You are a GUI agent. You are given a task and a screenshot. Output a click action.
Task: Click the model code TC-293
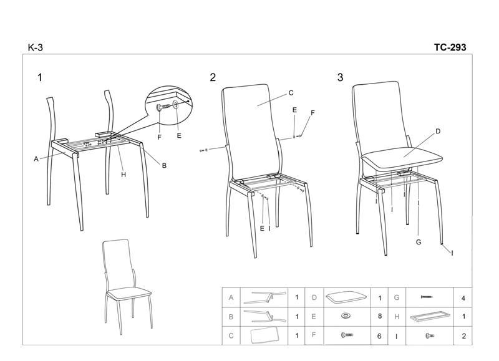tap(450, 47)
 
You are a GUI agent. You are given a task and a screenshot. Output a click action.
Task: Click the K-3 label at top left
tap(36, 47)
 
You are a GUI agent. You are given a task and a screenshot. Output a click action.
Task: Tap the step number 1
tap(40, 77)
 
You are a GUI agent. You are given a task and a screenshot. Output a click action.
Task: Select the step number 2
tap(213, 77)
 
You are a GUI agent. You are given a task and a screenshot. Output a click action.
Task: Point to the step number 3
tap(340, 77)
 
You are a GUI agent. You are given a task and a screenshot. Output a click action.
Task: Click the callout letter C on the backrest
tap(291, 93)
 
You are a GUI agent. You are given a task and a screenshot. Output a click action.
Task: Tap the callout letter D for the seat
tap(438, 131)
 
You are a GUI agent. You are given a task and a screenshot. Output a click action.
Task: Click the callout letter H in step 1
tap(124, 175)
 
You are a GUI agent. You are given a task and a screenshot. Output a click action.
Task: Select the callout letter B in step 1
tap(164, 165)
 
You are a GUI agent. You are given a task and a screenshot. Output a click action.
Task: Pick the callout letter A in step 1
tap(36, 159)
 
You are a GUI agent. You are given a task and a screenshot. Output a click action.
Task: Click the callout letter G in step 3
tap(419, 242)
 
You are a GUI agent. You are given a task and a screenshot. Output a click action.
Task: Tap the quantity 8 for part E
tap(380, 316)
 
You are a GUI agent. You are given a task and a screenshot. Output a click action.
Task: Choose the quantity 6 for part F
tap(379, 336)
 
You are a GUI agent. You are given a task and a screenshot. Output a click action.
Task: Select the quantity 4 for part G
tap(463, 299)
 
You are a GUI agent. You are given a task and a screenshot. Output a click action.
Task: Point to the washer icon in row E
tap(346, 316)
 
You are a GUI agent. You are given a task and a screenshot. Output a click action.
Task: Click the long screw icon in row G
tap(427, 297)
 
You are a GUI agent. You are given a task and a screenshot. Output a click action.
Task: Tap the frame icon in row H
tap(430, 316)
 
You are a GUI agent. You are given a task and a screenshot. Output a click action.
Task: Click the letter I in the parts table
tap(397, 336)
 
